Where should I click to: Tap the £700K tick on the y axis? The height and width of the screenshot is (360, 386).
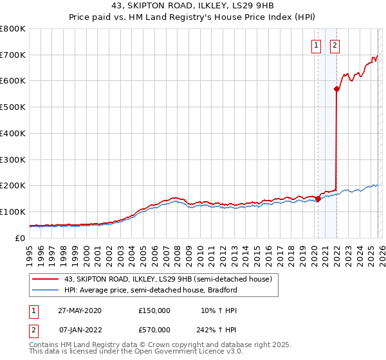coord(13,55)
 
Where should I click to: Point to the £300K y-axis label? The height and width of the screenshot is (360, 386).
coord(13,159)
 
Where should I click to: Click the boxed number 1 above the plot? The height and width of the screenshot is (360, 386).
coord(317,45)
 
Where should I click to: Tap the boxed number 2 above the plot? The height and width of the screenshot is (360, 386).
coord(336,45)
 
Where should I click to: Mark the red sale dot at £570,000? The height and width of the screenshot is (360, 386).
coord(336,89)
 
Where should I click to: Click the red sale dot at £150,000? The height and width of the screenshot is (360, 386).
coord(318,199)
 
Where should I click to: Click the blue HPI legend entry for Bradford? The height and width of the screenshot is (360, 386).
coord(151,290)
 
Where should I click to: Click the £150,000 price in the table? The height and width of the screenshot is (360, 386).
coord(154,310)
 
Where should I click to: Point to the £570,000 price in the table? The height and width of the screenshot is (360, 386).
coord(154,330)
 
